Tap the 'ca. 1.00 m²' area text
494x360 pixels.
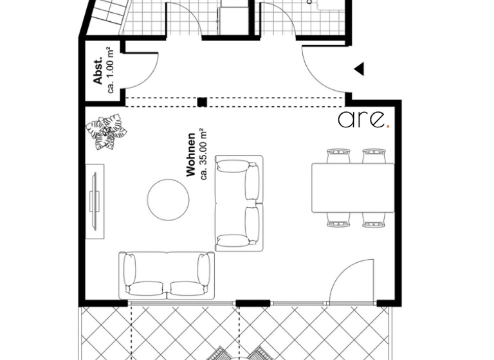111,69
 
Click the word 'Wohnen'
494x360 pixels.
190,155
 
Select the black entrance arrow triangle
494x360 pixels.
360,69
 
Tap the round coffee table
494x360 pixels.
169,199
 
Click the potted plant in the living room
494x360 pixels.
107,132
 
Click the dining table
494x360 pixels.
352,188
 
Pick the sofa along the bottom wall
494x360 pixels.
166,274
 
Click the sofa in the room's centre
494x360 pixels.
239,203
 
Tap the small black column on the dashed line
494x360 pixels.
202,102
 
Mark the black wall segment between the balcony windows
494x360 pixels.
252,303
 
